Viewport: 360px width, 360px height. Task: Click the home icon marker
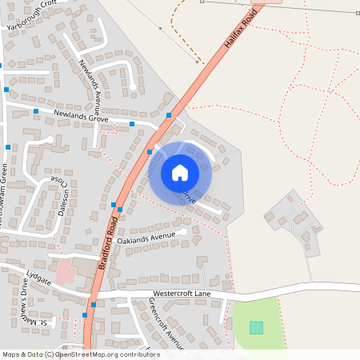click(x=180, y=172)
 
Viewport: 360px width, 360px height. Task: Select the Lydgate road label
click(x=38, y=278)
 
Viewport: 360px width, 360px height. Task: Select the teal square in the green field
click(x=256, y=327)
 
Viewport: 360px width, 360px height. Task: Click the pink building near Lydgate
click(x=66, y=274)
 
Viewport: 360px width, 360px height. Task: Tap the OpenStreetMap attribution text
click(x=81, y=354)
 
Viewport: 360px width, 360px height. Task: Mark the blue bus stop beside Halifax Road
click(x=169, y=116)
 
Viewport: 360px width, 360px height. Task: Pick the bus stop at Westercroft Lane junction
click(x=94, y=304)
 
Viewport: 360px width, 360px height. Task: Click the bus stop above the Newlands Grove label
click(x=36, y=110)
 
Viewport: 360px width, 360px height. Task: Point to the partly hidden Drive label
click(x=190, y=196)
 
